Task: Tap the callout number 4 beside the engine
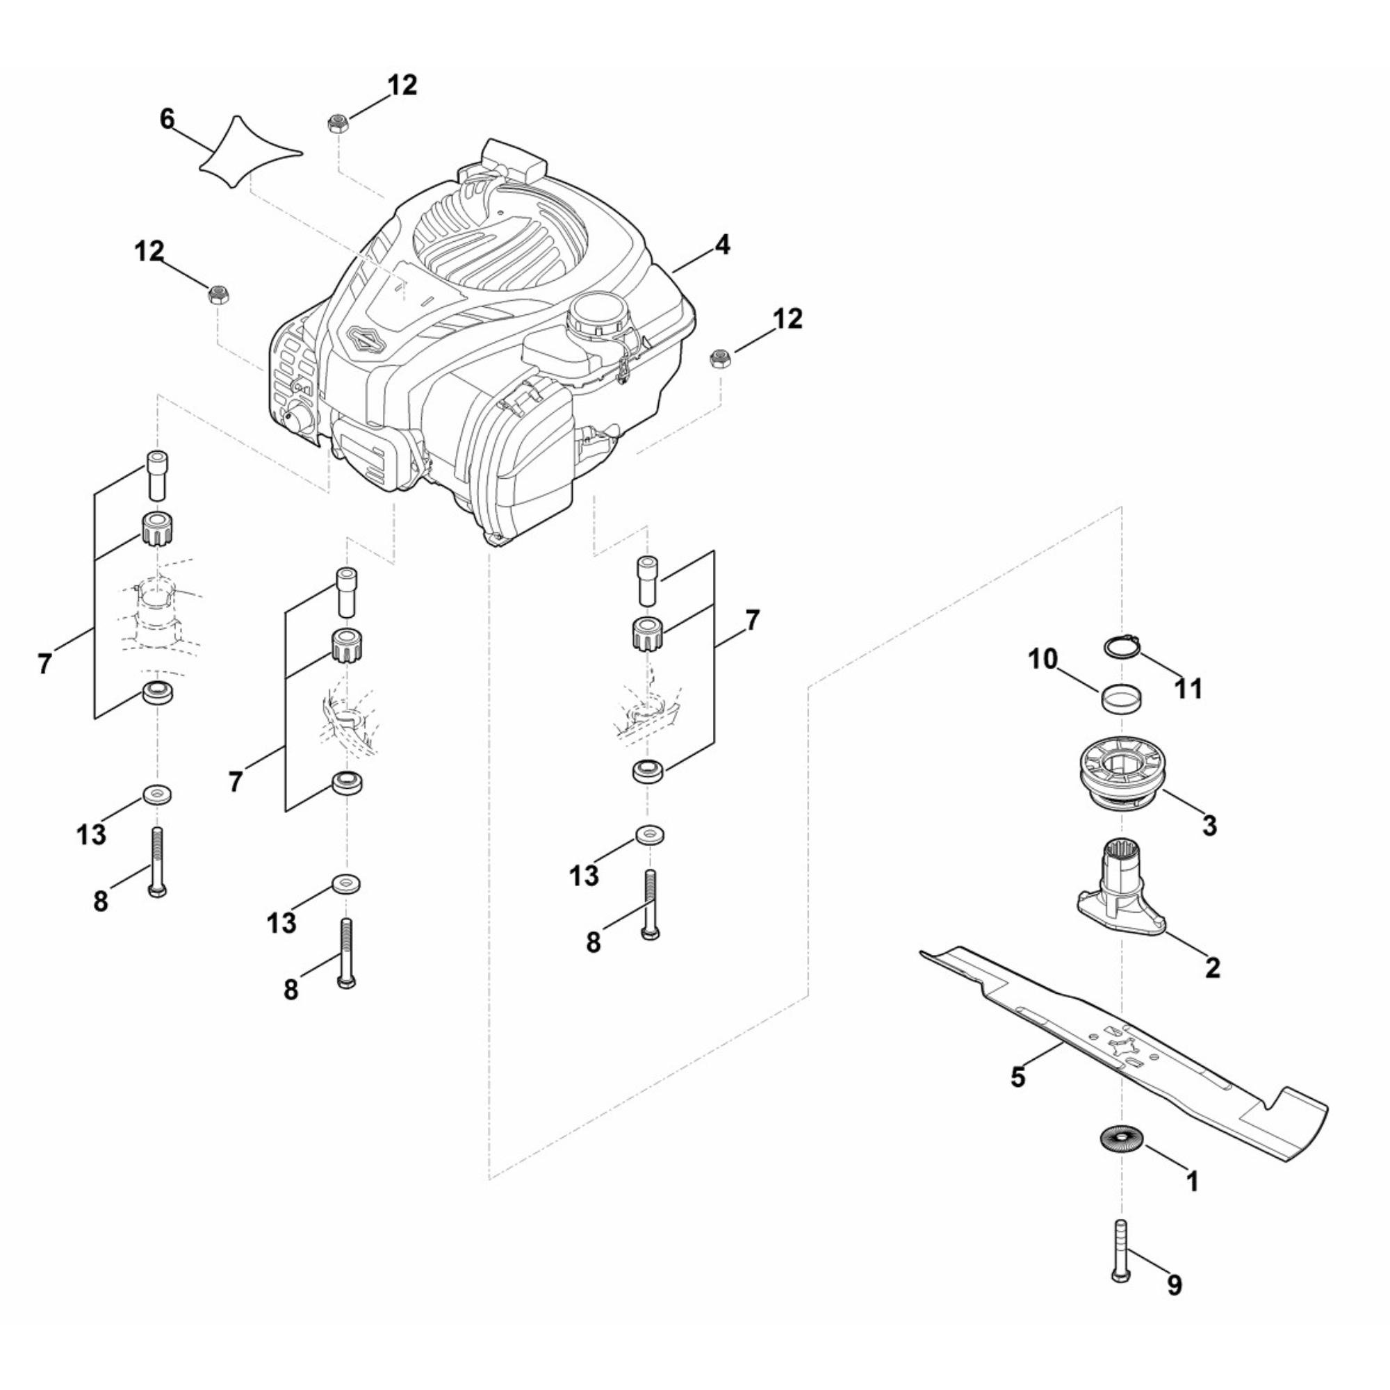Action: click(721, 245)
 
